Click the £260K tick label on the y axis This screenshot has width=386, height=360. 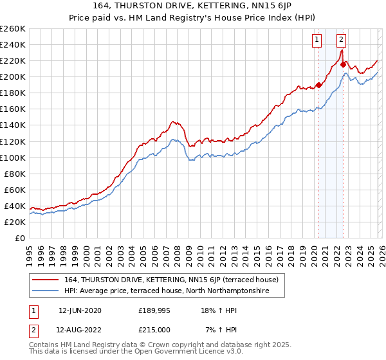coord(13,29)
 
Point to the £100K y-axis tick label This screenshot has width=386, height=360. coord(13,157)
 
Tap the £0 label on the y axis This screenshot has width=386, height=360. coord(19,238)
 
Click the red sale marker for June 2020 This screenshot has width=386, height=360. coord(318,85)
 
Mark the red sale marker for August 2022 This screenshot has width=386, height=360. coord(344,64)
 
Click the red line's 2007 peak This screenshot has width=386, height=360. coord(172,120)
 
